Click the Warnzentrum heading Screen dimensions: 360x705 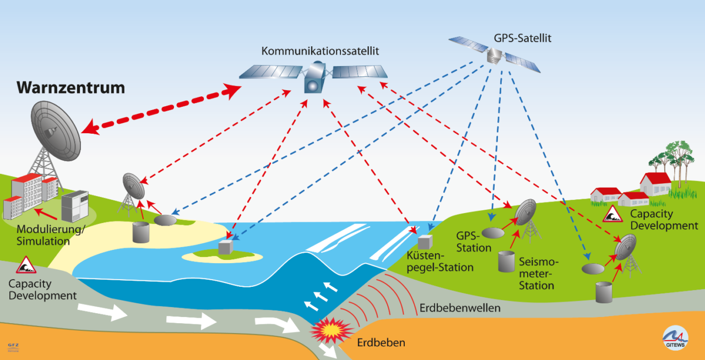pos(70,88)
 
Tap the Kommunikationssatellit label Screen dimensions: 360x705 pos(320,51)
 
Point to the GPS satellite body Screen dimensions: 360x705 pos(494,54)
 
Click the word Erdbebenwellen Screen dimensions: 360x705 pos(459,308)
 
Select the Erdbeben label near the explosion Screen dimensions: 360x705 pos(381,343)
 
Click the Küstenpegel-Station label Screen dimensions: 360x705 pos(440,262)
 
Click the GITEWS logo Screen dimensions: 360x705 pos(675,336)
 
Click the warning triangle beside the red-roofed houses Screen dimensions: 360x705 pos(612,214)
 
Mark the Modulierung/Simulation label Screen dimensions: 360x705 pos(51,235)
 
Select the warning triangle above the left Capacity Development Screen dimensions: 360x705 pos(25,265)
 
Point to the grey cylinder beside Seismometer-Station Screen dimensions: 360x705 pos(506,261)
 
